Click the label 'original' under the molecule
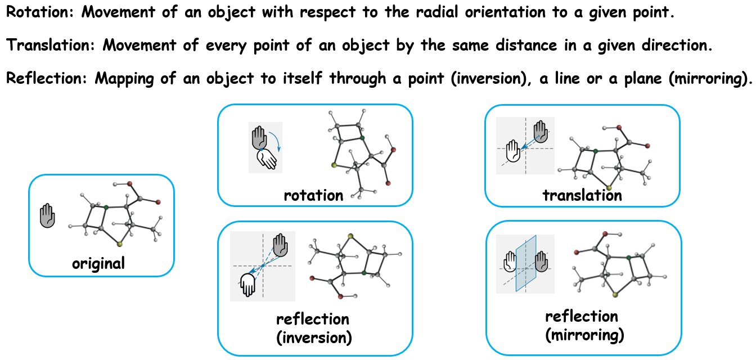point(98,263)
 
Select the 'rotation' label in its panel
point(313,195)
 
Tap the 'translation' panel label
point(582,195)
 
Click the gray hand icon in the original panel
point(48,216)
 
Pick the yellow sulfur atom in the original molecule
point(120,245)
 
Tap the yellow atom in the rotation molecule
point(334,165)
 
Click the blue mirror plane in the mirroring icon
point(526,263)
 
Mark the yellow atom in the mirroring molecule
point(616,294)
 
